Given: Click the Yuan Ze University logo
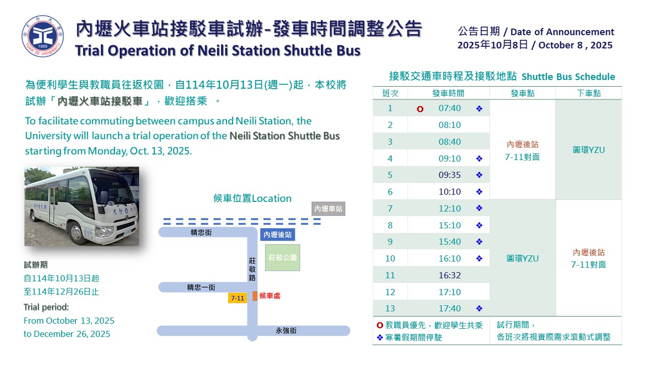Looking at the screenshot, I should [43, 36].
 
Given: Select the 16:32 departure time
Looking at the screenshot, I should [449, 275].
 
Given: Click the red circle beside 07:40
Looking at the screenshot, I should [420, 109].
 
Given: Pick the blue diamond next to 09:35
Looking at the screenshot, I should [479, 175].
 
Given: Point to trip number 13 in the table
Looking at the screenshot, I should [390, 308].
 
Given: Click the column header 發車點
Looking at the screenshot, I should [523, 93].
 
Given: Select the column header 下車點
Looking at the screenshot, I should [589, 93].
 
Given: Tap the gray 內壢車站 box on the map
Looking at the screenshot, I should [329, 208].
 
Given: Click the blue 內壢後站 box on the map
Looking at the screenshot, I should [278, 234].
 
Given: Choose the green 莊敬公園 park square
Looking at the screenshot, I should [283, 257].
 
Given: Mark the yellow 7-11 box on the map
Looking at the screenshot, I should [237, 298].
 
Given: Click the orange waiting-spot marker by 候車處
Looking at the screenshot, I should [255, 296].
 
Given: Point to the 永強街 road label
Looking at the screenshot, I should [286, 331].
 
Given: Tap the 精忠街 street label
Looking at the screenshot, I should [201, 232].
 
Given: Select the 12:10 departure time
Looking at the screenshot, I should [449, 208].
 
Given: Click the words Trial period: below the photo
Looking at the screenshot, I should [46, 307].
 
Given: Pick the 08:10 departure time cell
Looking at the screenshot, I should [449, 125].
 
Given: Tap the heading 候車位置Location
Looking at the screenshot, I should [252, 198].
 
